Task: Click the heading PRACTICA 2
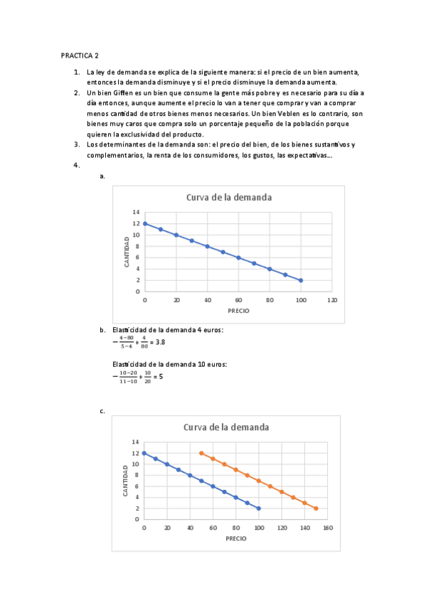point(80,55)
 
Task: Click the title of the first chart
point(229,198)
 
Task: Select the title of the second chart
point(226,427)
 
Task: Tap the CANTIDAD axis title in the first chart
point(127,252)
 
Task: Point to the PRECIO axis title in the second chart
point(236,538)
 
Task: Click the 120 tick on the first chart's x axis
point(332,300)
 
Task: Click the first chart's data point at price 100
point(301,280)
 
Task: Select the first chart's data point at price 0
point(145,223)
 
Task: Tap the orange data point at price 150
point(316,508)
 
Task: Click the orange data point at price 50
point(201,453)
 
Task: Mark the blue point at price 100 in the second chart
point(259,508)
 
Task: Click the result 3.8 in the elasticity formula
point(161,342)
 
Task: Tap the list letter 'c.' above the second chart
point(103,411)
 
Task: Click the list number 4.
point(77,166)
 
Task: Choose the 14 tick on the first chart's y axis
point(136,213)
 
